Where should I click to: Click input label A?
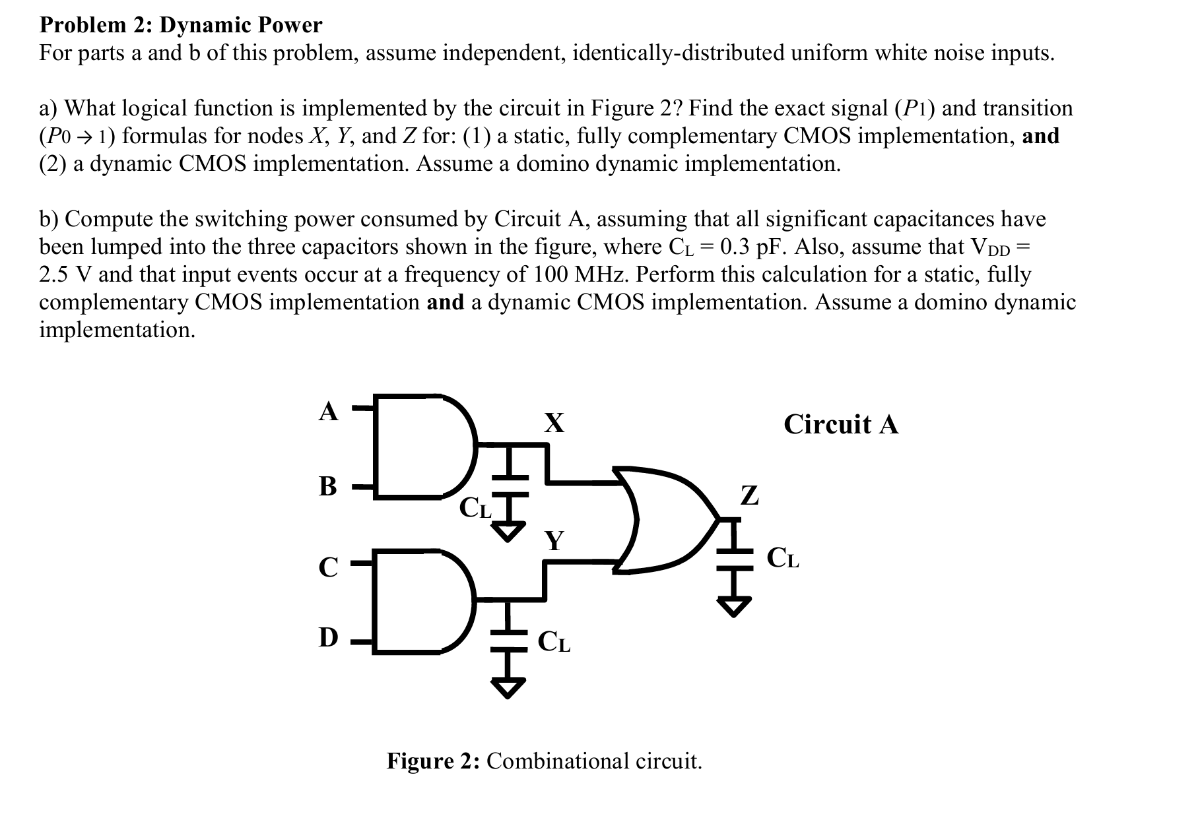[328, 412]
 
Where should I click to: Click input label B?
[328, 487]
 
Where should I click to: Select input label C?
[328, 567]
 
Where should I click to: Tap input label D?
[328, 638]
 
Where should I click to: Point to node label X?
[554, 423]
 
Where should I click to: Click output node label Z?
[750, 495]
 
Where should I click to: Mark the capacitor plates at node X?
[509, 485]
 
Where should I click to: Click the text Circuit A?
[841, 424]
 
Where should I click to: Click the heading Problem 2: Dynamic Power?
[181, 25]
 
